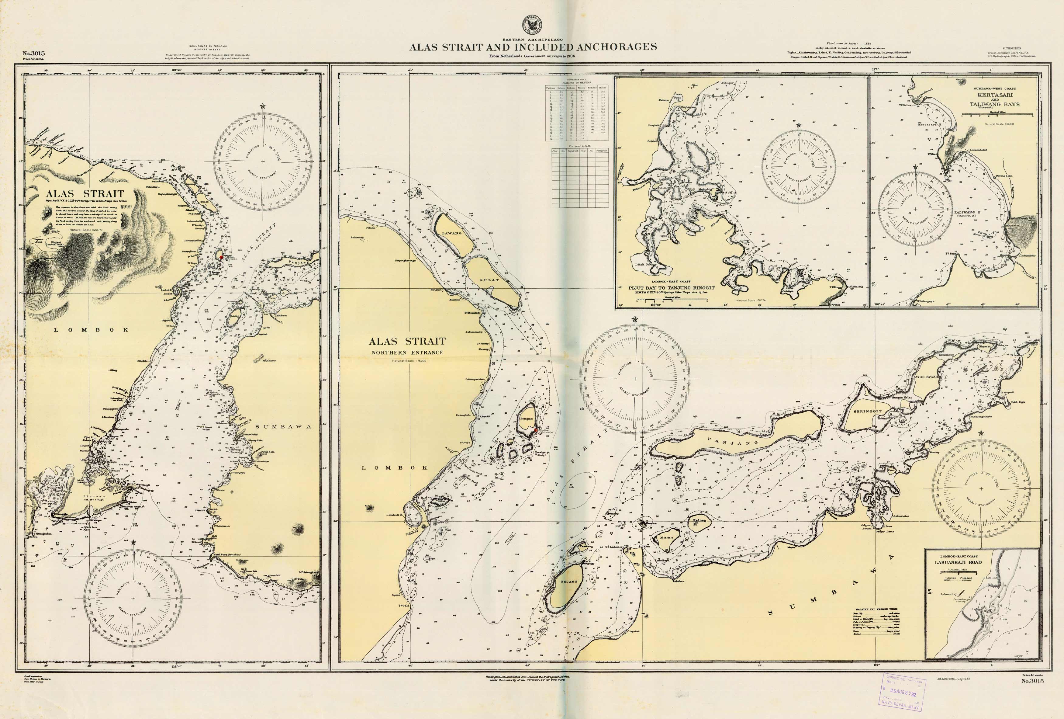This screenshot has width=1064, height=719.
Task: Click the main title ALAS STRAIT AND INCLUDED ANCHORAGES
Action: pyautogui.click(x=533, y=47)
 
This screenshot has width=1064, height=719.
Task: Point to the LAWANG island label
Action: pyautogui.click(x=451, y=233)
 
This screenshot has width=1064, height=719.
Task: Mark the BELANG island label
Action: pyautogui.click(x=569, y=582)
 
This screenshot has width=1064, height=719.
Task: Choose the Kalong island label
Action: pyautogui.click(x=699, y=521)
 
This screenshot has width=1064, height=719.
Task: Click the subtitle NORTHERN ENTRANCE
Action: pyautogui.click(x=407, y=352)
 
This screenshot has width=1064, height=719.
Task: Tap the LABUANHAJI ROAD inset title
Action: pyautogui.click(x=958, y=562)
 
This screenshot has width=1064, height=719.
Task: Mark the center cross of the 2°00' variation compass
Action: pyautogui.click(x=981, y=489)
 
